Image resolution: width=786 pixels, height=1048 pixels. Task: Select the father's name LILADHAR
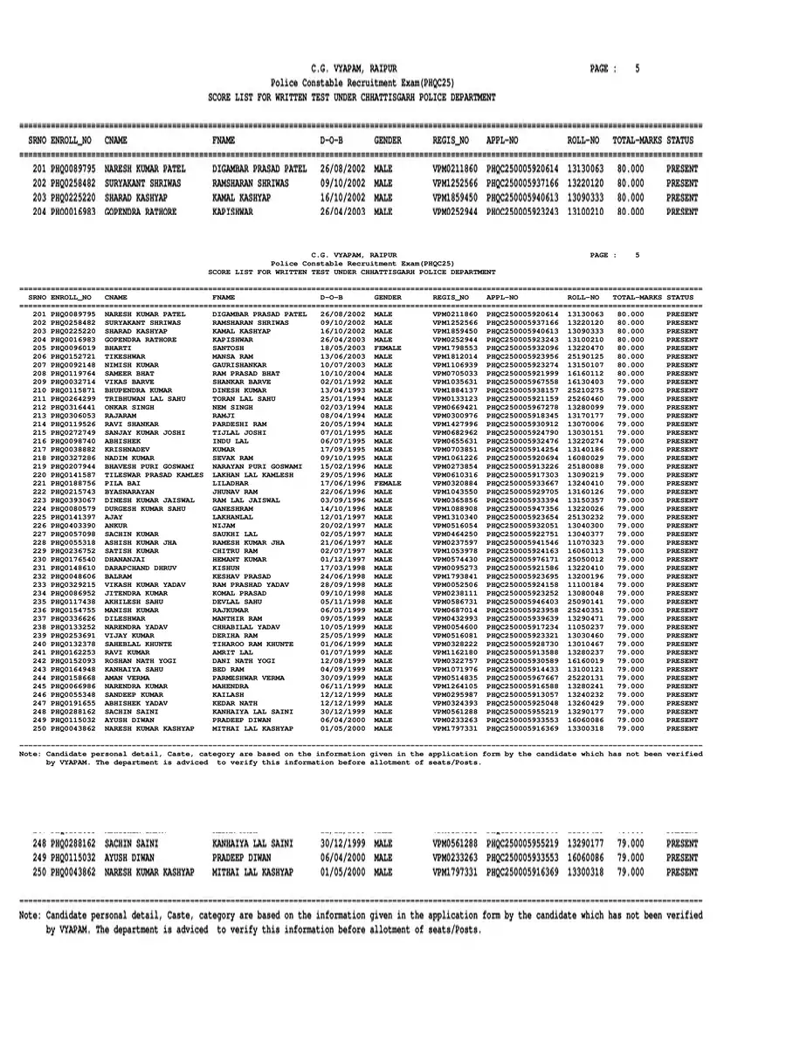[x=231, y=483]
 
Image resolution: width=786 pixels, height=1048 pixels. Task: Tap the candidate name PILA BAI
[x=121, y=483]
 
